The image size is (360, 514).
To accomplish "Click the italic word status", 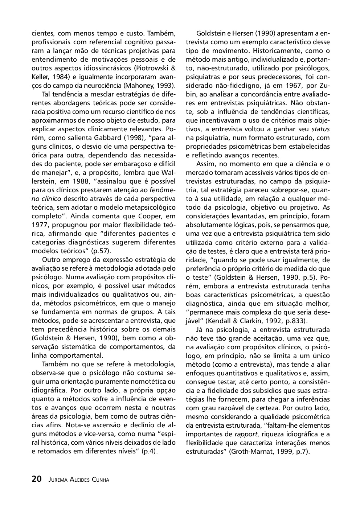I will tap(321, 129).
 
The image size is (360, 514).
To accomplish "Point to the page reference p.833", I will tap(294, 321).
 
